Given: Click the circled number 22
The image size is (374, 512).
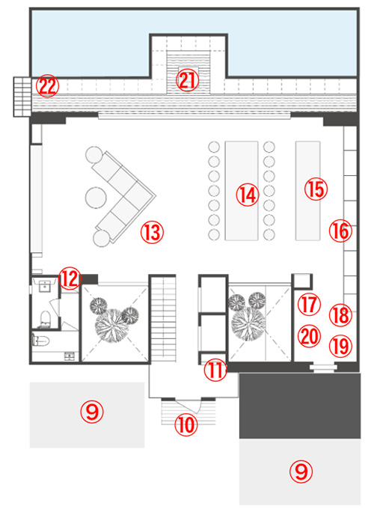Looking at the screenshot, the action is (x=47, y=87).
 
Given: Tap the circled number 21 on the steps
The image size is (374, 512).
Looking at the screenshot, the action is (x=187, y=80).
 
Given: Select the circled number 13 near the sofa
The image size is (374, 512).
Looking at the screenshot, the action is (x=152, y=232).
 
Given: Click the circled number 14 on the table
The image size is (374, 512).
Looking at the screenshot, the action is (x=248, y=195).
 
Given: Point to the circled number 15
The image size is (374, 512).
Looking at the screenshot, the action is (x=316, y=189).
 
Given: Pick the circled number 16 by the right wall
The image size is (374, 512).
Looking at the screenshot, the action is (x=340, y=231).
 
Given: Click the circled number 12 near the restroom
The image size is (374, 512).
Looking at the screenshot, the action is (x=70, y=278).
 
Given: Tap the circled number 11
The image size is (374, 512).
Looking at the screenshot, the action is (x=215, y=371).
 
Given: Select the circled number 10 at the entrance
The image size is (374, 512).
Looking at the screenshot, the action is (x=186, y=424).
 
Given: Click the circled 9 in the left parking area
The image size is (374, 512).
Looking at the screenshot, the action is (x=92, y=412).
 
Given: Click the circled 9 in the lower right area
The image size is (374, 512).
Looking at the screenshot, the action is (x=301, y=472).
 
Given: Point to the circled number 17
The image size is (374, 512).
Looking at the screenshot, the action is (x=309, y=305).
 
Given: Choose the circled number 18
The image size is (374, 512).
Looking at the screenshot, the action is (x=340, y=315).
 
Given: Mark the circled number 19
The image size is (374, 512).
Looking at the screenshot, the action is (x=340, y=346).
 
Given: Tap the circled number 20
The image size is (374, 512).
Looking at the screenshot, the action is (x=309, y=336).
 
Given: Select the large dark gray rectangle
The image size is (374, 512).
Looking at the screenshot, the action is (x=300, y=406).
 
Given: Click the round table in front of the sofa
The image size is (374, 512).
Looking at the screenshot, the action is (x=96, y=198).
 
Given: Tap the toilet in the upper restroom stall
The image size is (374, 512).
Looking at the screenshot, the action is (x=44, y=319).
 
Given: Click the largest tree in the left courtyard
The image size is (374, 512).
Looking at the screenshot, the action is (x=111, y=326).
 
